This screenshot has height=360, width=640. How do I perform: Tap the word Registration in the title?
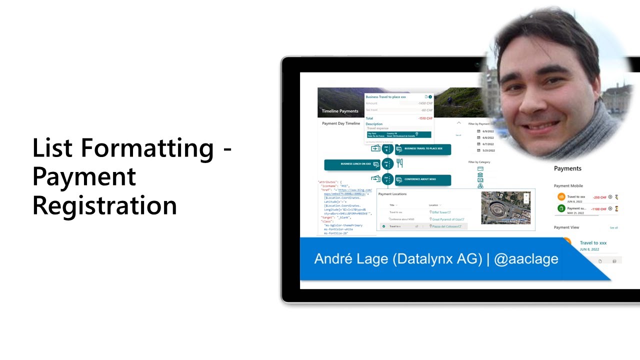pos(104,205)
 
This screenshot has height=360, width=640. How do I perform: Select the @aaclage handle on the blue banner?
pos(526,259)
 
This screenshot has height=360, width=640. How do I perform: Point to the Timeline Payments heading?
pos(340,111)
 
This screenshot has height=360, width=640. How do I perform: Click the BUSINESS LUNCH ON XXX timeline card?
pos(352,164)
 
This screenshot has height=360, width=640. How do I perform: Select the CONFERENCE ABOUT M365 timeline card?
pos(423,179)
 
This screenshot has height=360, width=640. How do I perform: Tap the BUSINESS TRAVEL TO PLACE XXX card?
pos(423,148)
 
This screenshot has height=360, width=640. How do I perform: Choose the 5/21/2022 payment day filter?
pos(487,150)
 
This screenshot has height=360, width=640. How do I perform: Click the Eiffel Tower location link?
pos(441,212)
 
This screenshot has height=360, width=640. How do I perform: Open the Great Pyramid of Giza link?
pos(448,219)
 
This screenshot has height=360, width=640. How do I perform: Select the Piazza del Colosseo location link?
pos(447,226)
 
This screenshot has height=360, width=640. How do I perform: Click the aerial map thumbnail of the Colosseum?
pos(505,207)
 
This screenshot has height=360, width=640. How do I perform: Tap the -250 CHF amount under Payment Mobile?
pos(599,197)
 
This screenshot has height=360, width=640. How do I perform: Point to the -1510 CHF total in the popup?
pos(425,118)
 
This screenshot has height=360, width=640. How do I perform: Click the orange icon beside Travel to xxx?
pos(561,197)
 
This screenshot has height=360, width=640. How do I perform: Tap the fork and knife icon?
pos(399,163)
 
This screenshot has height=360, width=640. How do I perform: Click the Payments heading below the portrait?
pos(567,168)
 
